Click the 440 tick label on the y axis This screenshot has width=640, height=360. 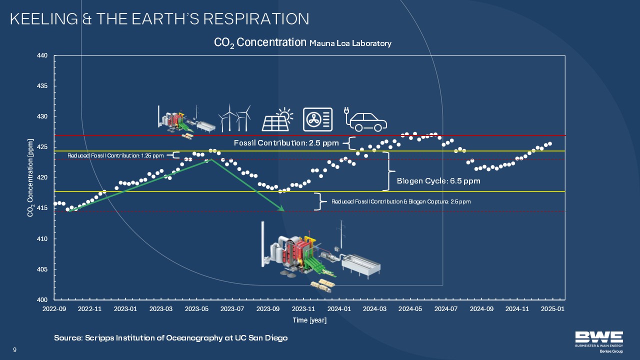click(x=42, y=55)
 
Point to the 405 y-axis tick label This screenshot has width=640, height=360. click(x=42, y=269)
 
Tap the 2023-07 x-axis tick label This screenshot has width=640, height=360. click(x=232, y=309)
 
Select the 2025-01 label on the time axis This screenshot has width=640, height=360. click(x=552, y=309)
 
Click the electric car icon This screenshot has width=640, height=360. click(x=365, y=119)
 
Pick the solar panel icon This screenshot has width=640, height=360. click(x=277, y=119)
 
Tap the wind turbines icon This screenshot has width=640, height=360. click(x=235, y=118)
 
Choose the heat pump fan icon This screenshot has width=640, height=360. click(x=317, y=119)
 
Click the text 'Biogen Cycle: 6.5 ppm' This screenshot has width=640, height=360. click(x=438, y=181)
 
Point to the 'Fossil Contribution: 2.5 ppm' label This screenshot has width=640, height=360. click(x=286, y=143)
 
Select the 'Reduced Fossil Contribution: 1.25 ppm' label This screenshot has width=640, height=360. click(x=115, y=155)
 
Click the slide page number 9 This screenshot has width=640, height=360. click(x=15, y=349)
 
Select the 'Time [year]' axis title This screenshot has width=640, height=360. click(x=309, y=320)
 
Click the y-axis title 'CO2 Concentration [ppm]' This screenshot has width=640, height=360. click(x=30, y=177)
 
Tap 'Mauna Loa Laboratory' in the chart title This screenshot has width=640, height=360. click(x=350, y=43)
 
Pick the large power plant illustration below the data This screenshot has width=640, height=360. click(x=320, y=256)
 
